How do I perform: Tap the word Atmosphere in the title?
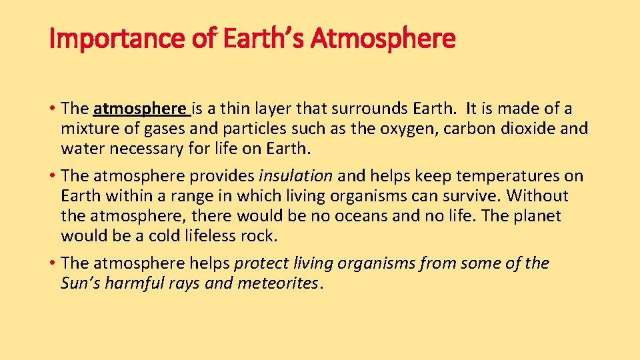click(383, 39)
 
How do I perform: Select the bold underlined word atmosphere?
click(141, 109)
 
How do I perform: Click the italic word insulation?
click(295, 176)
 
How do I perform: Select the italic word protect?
click(265, 263)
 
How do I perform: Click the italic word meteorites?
click(277, 283)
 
